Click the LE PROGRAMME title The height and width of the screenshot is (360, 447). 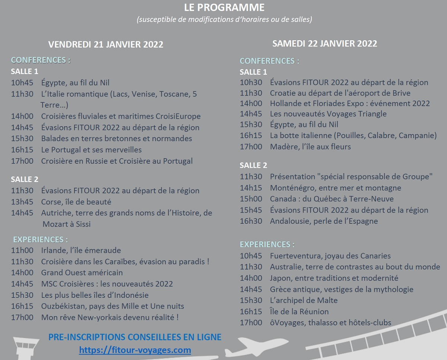coord(224,7)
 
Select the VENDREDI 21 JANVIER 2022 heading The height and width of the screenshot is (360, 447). coord(106,44)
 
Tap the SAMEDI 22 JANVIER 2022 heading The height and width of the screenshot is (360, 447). coord(324,44)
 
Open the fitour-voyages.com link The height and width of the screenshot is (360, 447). coord(135,350)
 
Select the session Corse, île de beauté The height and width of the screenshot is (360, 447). coord(76,202)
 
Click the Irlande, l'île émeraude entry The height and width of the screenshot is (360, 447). coord(81,250)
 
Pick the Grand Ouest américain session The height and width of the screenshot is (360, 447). coord(82,273)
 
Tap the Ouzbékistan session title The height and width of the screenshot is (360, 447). coord(112,306)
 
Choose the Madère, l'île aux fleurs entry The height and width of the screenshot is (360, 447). coord(310,147)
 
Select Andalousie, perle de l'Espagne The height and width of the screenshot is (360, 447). coord(324,221)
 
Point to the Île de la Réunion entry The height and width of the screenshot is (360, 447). coord(299,312)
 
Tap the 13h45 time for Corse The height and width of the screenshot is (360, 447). coord(22,202)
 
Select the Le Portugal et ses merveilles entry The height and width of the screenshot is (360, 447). coord(91,150)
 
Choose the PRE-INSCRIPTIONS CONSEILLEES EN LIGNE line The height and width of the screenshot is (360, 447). coord(135,337)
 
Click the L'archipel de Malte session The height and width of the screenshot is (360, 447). coord(304,300)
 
